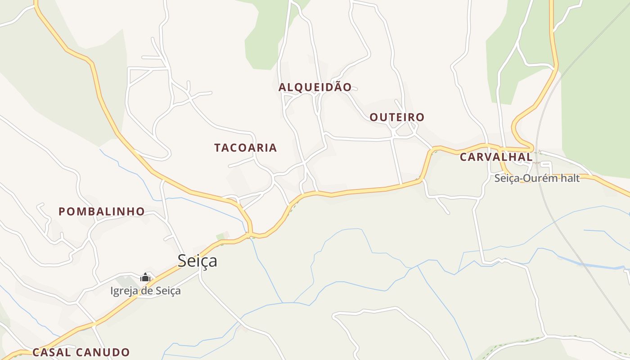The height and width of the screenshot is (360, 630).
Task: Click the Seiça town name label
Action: (197, 261)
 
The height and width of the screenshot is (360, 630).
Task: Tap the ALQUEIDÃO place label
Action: (315, 87)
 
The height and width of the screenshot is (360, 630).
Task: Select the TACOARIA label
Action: (245, 148)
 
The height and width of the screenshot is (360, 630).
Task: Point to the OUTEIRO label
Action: (397, 117)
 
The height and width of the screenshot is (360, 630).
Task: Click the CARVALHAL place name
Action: (496, 157)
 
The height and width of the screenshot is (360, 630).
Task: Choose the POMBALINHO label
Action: (102, 211)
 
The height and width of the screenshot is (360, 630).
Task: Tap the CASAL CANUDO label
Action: (81, 352)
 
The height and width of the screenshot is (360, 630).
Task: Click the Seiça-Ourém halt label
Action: (537, 178)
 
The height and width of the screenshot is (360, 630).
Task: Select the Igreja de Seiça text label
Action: (145, 291)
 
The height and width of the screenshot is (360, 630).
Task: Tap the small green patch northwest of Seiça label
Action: (221, 236)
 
